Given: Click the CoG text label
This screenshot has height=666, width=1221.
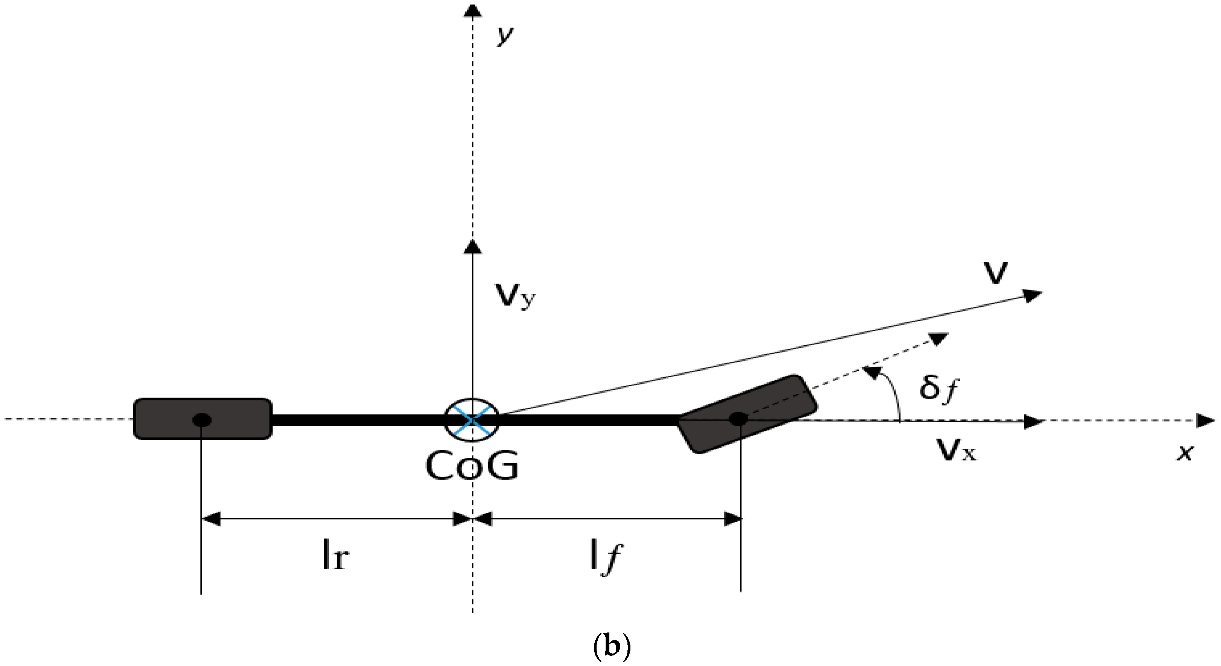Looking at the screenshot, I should point(472,466).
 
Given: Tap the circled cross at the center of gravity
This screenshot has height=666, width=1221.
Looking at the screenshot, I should point(472,419).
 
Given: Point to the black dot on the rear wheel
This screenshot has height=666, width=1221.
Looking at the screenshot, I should point(202,419).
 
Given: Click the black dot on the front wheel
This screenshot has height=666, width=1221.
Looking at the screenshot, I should point(738,418).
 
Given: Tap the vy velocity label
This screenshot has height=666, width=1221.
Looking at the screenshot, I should point(515,297).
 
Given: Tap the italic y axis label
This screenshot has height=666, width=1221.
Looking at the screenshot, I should point(505,35).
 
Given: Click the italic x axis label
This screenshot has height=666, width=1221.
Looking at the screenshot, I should point(1185,453).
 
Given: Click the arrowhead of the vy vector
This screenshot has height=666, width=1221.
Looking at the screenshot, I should point(472,247).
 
